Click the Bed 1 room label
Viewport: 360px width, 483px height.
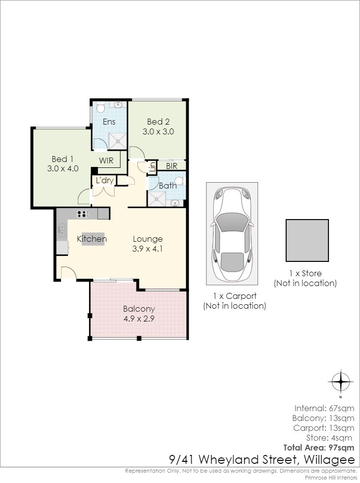point(63,159)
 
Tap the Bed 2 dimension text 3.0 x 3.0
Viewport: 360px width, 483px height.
point(158,131)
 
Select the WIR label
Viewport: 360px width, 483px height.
point(106,161)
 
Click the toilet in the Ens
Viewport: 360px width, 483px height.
point(100,107)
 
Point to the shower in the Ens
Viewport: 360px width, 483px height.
point(117,141)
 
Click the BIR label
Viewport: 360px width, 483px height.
point(172,166)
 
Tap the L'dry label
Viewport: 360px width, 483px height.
point(104,180)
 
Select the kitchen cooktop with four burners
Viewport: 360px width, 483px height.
point(83,214)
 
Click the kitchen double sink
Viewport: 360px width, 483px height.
point(62,230)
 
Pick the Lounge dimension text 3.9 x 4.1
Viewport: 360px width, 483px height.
point(147,249)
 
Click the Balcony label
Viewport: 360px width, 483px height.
point(139,309)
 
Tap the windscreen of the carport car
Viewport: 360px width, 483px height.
point(232,222)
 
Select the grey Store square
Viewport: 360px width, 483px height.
point(307,240)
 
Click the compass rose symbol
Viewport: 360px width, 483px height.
point(341,382)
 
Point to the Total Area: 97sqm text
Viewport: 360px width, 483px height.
point(319,448)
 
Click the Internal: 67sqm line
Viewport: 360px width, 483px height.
point(324,409)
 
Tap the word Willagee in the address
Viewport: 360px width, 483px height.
point(329,460)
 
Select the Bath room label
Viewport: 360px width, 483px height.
point(167,186)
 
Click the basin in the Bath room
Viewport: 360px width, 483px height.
point(175,203)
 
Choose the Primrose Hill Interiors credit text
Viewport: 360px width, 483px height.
point(331,478)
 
